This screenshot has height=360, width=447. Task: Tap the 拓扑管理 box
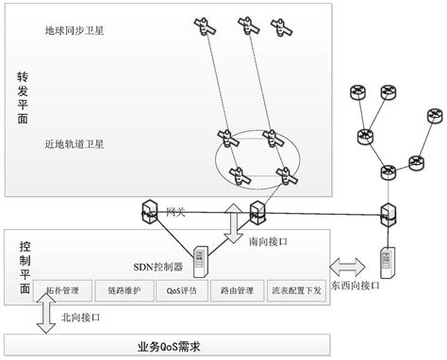[61, 291]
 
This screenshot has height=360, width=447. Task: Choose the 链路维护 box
[124, 291]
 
